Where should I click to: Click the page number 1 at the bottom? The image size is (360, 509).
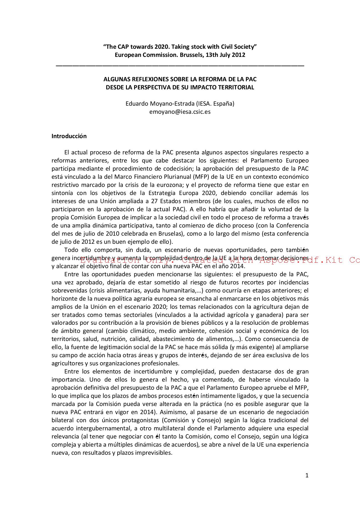pos(307,475)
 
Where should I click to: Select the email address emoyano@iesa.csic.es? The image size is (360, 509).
pos(180,112)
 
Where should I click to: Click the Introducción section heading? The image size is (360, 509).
pos(69,136)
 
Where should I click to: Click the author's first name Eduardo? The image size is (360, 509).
pos(137,104)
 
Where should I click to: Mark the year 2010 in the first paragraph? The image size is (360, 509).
pos(112,234)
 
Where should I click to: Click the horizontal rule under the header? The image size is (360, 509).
pos(180,66)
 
